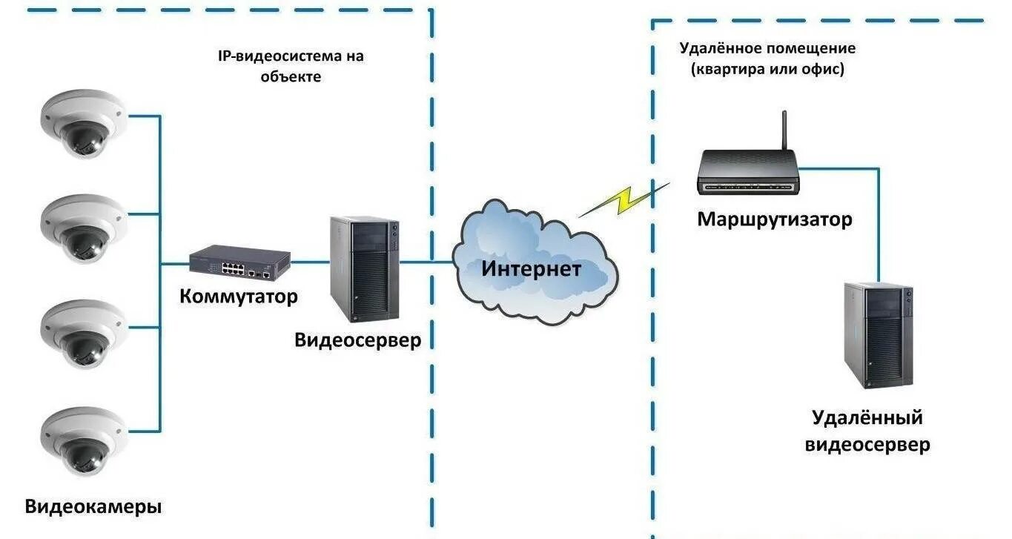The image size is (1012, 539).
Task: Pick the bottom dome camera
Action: click(x=83, y=441)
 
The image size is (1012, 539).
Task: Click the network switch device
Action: click(x=239, y=263)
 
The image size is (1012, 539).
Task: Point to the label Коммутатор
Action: click(x=239, y=297)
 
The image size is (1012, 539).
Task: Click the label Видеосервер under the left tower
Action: click(x=357, y=340)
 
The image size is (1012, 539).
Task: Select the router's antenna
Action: click(x=784, y=130)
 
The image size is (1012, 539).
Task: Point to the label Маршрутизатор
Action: click(x=774, y=219)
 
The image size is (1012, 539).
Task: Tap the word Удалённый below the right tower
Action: click(x=867, y=417)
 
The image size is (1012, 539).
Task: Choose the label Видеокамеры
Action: click(x=93, y=508)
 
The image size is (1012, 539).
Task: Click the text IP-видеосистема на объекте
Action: click(x=291, y=65)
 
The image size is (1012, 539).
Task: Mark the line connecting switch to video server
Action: click(x=310, y=262)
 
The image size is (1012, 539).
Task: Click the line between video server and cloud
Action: click(x=427, y=262)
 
